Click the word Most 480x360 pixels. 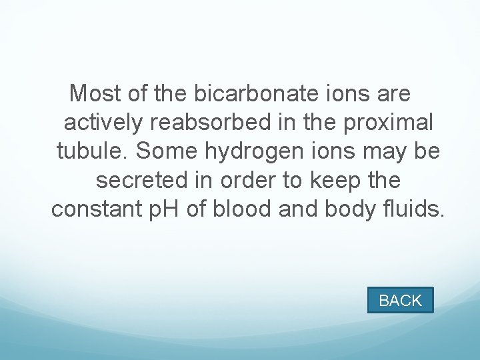pos(95,93)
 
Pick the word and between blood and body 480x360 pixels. pos(301,209)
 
